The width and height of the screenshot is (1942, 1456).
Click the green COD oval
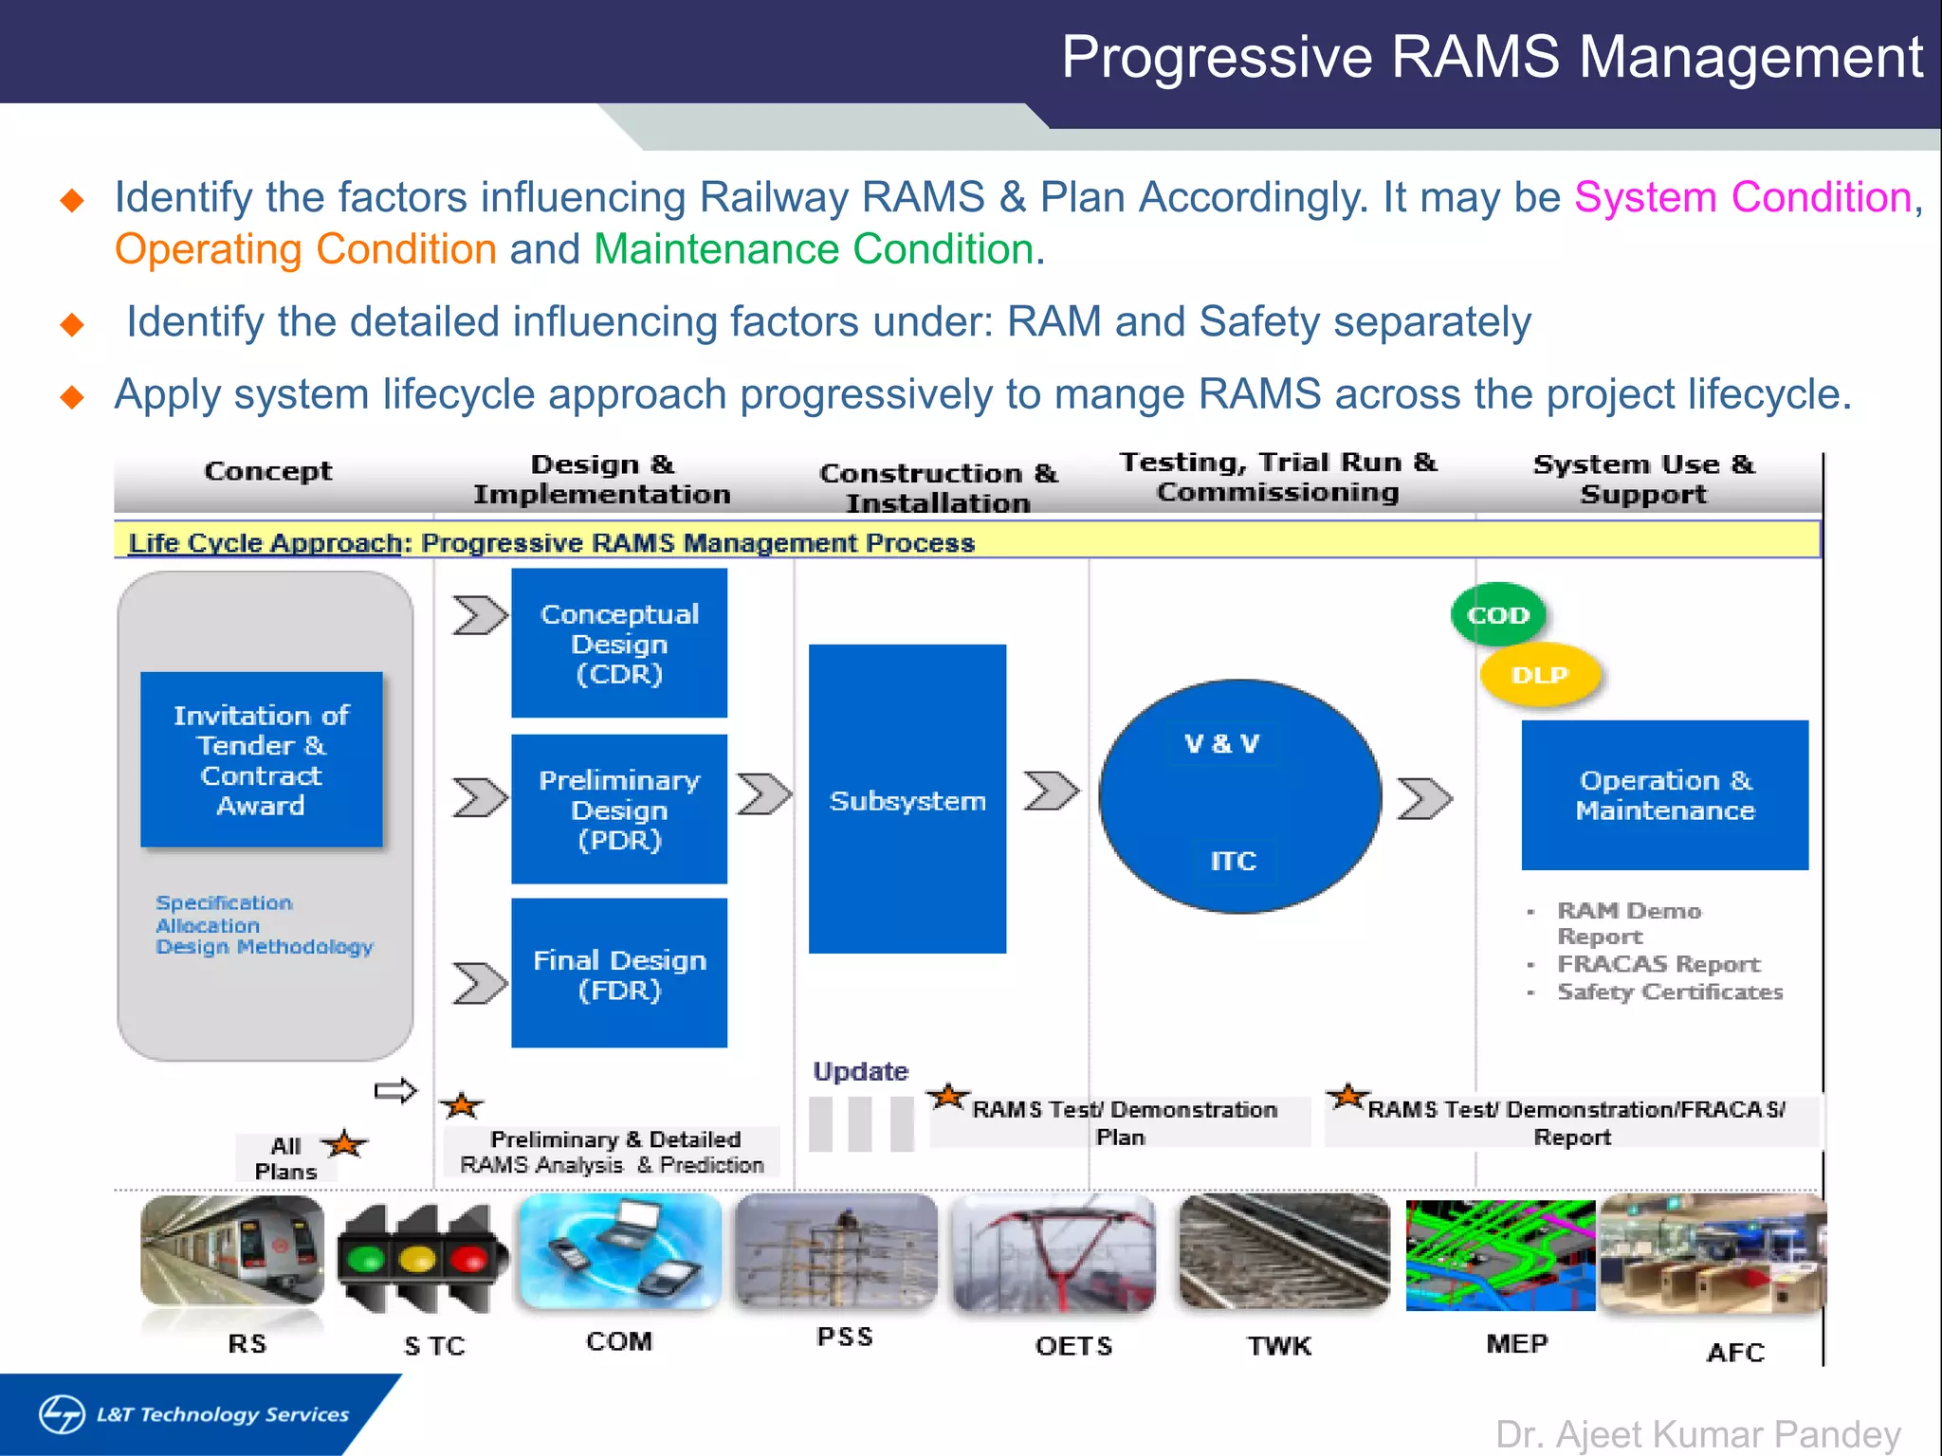tap(1497, 614)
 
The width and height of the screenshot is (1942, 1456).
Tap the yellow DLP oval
tap(1539, 675)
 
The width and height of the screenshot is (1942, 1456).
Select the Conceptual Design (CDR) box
tap(619, 643)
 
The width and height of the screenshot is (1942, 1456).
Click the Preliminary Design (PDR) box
tap(619, 809)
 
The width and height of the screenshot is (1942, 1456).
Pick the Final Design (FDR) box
tap(619, 974)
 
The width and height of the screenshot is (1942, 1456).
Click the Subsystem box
tap(907, 799)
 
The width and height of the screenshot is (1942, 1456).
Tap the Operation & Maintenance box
tap(1664, 795)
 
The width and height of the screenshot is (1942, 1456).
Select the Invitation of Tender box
tap(261, 759)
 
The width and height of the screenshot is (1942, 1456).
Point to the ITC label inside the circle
tap(1233, 861)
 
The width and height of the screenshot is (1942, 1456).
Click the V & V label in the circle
tap(1221, 744)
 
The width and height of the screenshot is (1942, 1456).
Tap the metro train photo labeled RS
tap(232, 1249)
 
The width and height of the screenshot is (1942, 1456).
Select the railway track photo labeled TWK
tap(1284, 1251)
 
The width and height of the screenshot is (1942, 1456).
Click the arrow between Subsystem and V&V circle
tap(1051, 791)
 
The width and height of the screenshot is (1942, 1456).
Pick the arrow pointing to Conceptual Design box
tap(479, 615)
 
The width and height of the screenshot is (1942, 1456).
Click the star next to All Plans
tap(345, 1144)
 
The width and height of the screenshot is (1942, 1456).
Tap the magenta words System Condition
tap(1742, 197)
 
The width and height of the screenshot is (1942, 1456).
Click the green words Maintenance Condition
tap(813, 249)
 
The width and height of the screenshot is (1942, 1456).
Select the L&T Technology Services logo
tap(194, 1414)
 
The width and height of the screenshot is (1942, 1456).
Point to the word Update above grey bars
tap(860, 1071)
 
